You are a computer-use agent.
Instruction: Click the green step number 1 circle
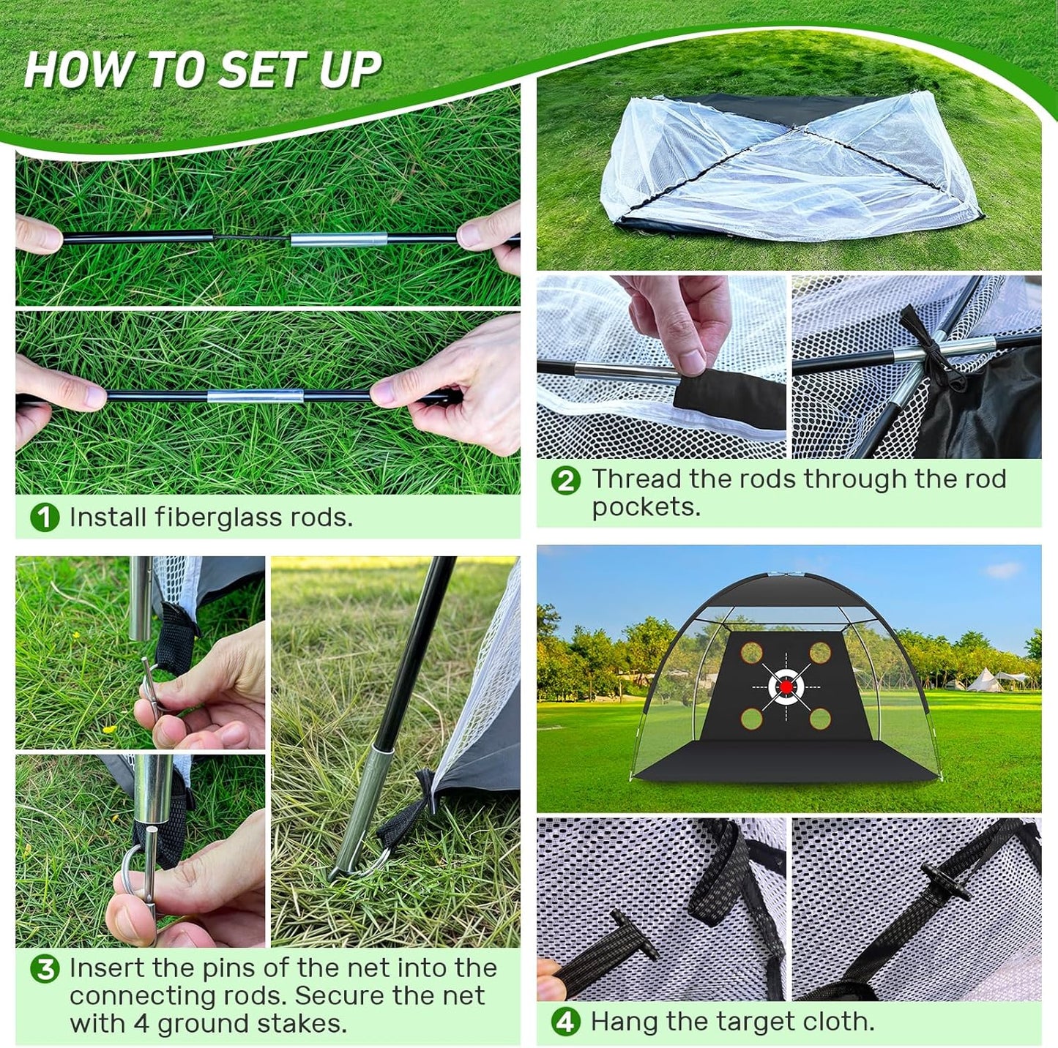pos(45,517)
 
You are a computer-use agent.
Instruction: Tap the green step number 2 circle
pos(566,481)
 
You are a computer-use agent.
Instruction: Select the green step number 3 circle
pos(45,969)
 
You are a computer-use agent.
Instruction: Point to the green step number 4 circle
pos(566,1022)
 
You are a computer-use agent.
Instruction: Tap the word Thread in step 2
pos(636,479)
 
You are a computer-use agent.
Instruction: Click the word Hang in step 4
pos(621,1022)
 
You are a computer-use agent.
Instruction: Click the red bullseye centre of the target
pos(786,686)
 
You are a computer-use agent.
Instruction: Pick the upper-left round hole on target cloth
pos(752,652)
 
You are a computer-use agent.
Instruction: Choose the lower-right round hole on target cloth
pos(820,719)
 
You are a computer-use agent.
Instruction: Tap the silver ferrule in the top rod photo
pos(339,239)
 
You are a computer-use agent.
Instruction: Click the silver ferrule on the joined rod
pos(255,397)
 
